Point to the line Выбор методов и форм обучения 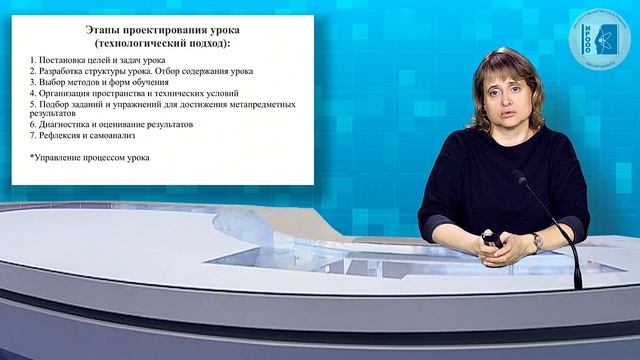100,82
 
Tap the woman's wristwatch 537,241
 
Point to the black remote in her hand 491,240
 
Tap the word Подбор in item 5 55,104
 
